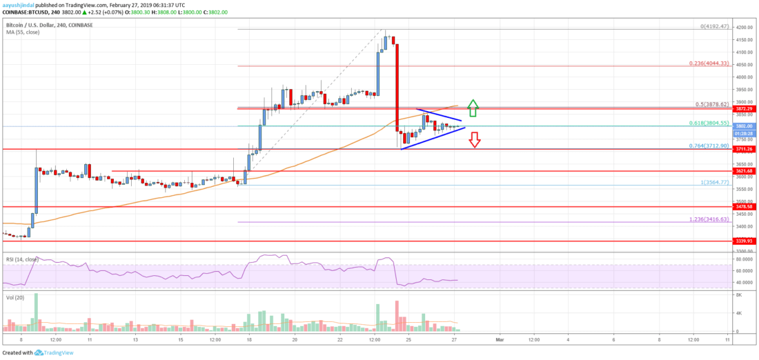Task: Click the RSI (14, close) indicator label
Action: pyautogui.click(x=20, y=257)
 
